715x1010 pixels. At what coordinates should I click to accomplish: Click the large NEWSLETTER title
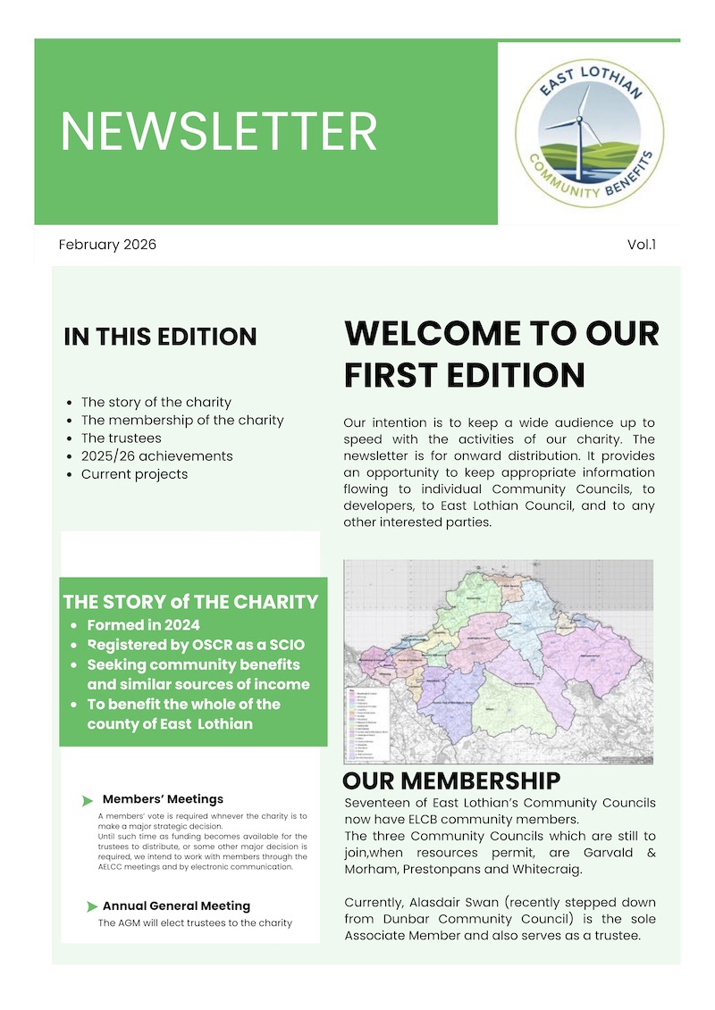coord(219,131)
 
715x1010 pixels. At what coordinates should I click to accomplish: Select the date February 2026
coord(107,245)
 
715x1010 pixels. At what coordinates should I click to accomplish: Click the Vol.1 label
coord(642,245)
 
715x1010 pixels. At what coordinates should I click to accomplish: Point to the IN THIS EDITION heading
coord(160,338)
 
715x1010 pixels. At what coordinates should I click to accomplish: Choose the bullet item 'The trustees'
coord(121,438)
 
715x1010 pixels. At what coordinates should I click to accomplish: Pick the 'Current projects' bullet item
coord(134,474)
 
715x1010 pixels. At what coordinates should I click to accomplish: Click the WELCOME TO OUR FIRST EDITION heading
coord(500,354)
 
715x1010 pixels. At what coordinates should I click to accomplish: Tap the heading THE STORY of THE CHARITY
coord(190,602)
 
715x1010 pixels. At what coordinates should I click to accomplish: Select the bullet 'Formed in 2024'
coord(143,625)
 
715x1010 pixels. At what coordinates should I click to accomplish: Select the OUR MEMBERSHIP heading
coord(451,781)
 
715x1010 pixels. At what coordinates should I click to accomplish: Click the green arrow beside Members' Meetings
coord(88,800)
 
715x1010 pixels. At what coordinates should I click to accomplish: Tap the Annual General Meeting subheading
coord(176,906)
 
